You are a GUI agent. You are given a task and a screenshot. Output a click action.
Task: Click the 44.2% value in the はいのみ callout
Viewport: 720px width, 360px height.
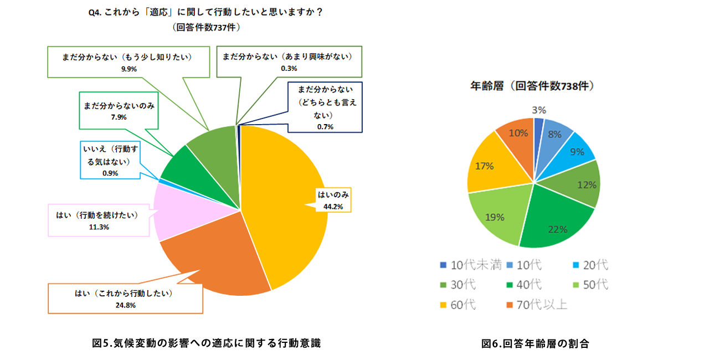tap(333, 207)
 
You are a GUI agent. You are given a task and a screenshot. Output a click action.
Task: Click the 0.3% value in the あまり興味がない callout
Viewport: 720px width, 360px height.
tap(289, 69)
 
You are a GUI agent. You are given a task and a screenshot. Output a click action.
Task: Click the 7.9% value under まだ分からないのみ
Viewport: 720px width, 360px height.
tap(119, 117)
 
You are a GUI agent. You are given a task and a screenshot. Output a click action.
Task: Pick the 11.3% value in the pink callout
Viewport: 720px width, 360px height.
tap(99, 228)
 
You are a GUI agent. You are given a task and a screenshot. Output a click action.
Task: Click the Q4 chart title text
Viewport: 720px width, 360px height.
tap(205, 13)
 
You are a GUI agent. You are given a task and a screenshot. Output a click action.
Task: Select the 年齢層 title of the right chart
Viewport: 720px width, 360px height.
tap(532, 86)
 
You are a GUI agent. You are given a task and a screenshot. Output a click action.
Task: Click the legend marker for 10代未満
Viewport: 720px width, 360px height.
tap(443, 265)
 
